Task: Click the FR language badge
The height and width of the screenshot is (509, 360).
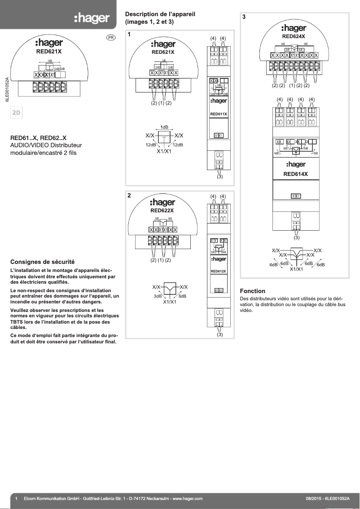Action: click(x=111, y=38)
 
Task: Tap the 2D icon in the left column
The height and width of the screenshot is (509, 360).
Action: click(x=17, y=113)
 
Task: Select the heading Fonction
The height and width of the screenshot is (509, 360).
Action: click(x=253, y=291)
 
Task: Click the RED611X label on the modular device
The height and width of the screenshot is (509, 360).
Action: click(x=219, y=114)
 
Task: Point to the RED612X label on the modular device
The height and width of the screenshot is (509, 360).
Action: click(x=219, y=271)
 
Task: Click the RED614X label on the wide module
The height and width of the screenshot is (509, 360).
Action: click(x=295, y=174)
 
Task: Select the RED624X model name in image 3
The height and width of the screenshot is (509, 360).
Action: click(x=294, y=36)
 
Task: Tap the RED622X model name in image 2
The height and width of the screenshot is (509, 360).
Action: click(x=162, y=210)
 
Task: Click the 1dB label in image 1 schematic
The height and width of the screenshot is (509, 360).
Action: click(x=164, y=127)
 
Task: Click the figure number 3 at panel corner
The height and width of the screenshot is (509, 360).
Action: click(x=244, y=17)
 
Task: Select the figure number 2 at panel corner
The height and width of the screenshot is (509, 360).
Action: click(x=129, y=196)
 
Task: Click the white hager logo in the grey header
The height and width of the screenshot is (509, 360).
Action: click(x=92, y=18)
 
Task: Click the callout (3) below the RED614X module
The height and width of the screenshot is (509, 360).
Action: click(x=296, y=237)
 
